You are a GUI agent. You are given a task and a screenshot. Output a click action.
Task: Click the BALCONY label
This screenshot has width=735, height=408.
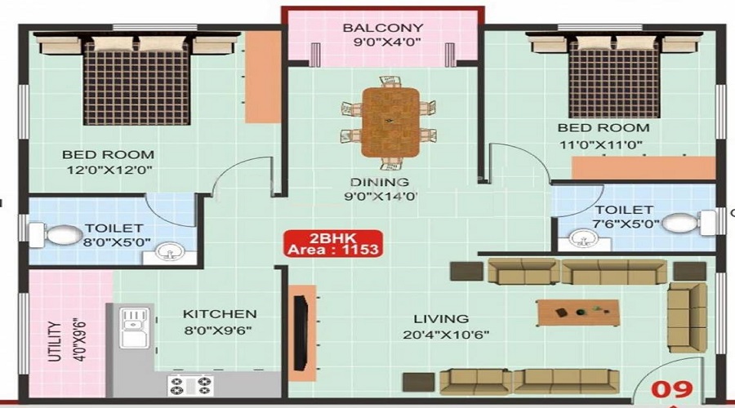(383, 28)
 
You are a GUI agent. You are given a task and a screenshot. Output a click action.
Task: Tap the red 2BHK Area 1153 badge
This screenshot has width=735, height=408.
(333, 244)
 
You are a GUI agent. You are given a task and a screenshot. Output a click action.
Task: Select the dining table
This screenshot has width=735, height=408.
(390, 122)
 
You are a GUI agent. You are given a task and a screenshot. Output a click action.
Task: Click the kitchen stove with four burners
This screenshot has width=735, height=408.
(190, 385)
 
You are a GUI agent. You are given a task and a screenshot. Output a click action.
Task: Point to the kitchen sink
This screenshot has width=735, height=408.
(134, 327)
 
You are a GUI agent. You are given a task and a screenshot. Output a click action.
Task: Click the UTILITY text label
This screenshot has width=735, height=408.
(55, 341)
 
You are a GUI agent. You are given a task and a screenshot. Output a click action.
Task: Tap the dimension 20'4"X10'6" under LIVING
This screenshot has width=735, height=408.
(446, 335)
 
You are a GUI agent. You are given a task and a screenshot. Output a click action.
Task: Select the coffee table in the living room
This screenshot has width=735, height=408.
(578, 313)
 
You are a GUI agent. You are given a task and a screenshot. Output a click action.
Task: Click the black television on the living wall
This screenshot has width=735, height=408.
(300, 333)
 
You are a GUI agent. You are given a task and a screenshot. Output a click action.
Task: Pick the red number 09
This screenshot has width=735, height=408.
(672, 389)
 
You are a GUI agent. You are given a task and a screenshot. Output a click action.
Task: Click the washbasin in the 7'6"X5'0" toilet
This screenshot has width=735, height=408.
(584, 240)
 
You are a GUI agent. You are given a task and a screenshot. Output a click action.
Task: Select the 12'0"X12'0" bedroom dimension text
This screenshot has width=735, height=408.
(109, 170)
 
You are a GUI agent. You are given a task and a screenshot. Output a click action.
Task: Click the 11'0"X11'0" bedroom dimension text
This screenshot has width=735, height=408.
(601, 144)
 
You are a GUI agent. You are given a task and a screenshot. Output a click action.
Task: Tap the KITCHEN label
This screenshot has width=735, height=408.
(220, 314)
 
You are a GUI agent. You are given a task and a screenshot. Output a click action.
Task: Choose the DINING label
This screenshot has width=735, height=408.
(380, 182)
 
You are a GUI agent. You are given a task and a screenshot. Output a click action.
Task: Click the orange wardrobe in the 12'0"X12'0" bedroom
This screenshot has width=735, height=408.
(263, 78)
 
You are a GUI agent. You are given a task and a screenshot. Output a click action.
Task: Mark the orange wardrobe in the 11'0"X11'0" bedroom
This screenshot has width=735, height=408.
(644, 168)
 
